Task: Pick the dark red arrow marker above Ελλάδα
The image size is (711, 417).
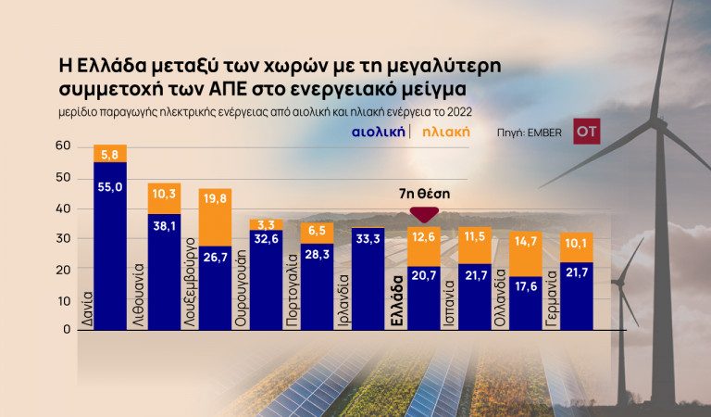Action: [424, 215]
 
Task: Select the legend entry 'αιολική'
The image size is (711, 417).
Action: [378, 132]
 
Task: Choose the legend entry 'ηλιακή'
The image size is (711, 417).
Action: [445, 132]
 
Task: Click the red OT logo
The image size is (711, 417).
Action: [586, 132]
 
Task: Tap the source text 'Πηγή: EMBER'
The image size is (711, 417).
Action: [529, 133]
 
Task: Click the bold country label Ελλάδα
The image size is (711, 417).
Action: [398, 296]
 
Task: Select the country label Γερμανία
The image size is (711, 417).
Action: [552, 295]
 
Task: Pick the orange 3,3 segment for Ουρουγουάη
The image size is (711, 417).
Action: [267, 224]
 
